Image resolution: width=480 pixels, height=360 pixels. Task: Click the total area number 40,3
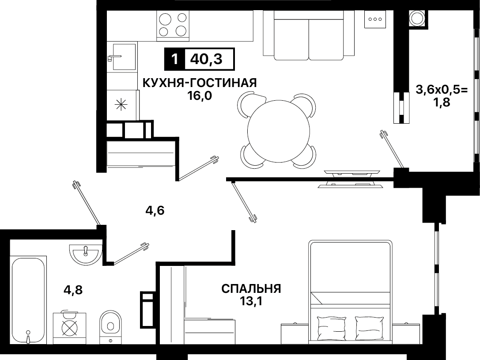pyautogui.click(x=206, y=59)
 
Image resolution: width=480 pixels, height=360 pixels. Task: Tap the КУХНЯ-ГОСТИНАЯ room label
pyautogui.click(x=200, y=83)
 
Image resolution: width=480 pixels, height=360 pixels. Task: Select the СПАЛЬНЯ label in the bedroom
pyautogui.click(x=251, y=289)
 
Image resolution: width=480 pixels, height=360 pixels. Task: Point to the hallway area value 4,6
pyautogui.click(x=155, y=211)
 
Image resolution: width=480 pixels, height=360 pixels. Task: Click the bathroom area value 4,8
pyautogui.click(x=73, y=290)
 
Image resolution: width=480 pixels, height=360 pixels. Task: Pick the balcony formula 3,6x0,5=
pyautogui.click(x=442, y=90)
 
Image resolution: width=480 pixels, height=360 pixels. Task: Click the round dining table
pyautogui.click(x=278, y=132)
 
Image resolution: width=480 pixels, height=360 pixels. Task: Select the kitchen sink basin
pyautogui.click(x=124, y=57)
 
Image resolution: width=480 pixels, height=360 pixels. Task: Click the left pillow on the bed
pyautogui.click(x=332, y=329)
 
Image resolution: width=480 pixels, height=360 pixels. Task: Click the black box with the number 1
pyautogui.click(x=174, y=59)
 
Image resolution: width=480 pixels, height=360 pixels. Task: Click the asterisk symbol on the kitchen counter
pyautogui.click(x=121, y=105)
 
